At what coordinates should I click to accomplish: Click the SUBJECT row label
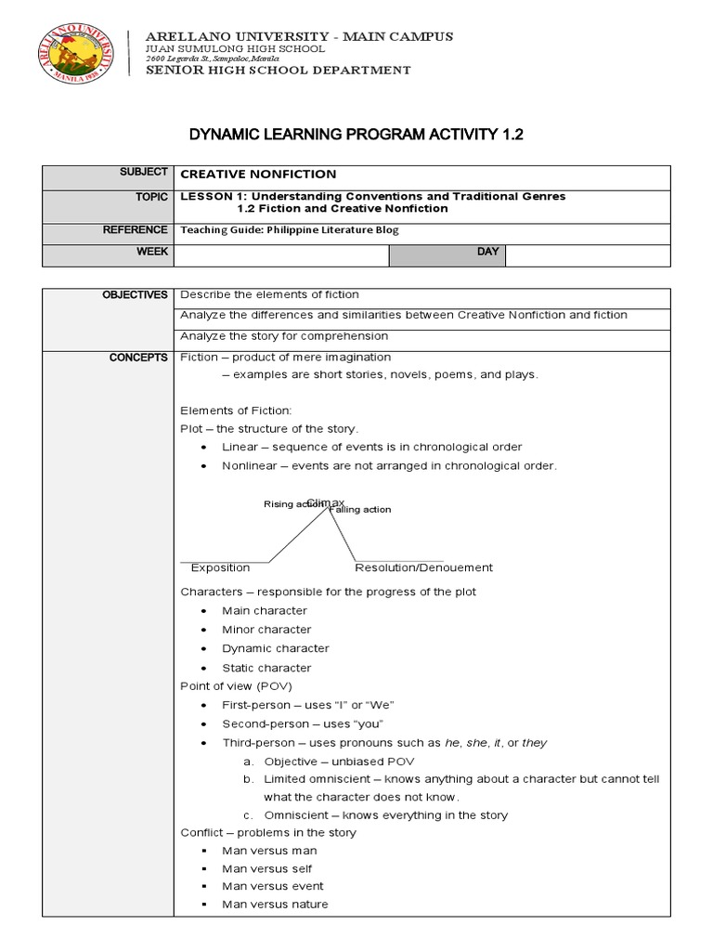[x=144, y=173]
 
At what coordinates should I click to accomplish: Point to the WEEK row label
[x=153, y=252]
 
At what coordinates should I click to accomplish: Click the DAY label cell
[x=487, y=252]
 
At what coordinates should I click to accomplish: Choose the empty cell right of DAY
[x=588, y=254]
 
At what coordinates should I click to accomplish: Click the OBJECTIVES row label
[x=135, y=294]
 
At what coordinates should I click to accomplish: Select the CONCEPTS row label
[x=138, y=358]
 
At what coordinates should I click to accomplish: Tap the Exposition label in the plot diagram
[x=220, y=567]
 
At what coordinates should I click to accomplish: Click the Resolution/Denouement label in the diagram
[x=423, y=567]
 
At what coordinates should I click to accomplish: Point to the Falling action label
[x=360, y=510]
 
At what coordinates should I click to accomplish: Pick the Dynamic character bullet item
[x=275, y=648]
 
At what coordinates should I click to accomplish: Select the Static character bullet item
[x=266, y=668]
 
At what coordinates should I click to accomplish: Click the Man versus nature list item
[x=275, y=904]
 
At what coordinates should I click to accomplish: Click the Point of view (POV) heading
[x=236, y=686]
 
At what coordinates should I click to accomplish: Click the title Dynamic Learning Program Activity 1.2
[x=356, y=135]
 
